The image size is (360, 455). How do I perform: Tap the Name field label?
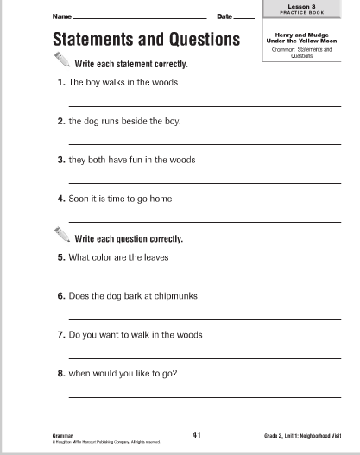point(60,17)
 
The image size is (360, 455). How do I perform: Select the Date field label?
point(224,17)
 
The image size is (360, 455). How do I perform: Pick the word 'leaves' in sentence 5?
point(155,257)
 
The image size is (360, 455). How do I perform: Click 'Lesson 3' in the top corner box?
point(307,5)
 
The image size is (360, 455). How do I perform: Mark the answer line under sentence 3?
point(205,180)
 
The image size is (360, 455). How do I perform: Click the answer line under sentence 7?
point(205,355)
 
